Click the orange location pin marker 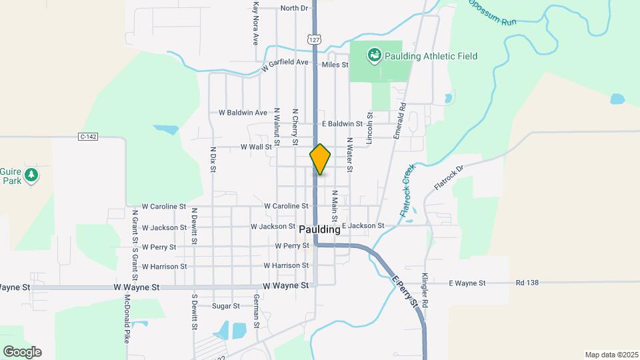point(320,159)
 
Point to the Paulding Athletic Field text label point(431,57)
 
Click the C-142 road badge point(88,137)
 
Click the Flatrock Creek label point(407,189)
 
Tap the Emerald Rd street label point(399,121)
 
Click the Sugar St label point(225,306)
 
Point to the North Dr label point(294,8)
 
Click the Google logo point(22,351)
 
